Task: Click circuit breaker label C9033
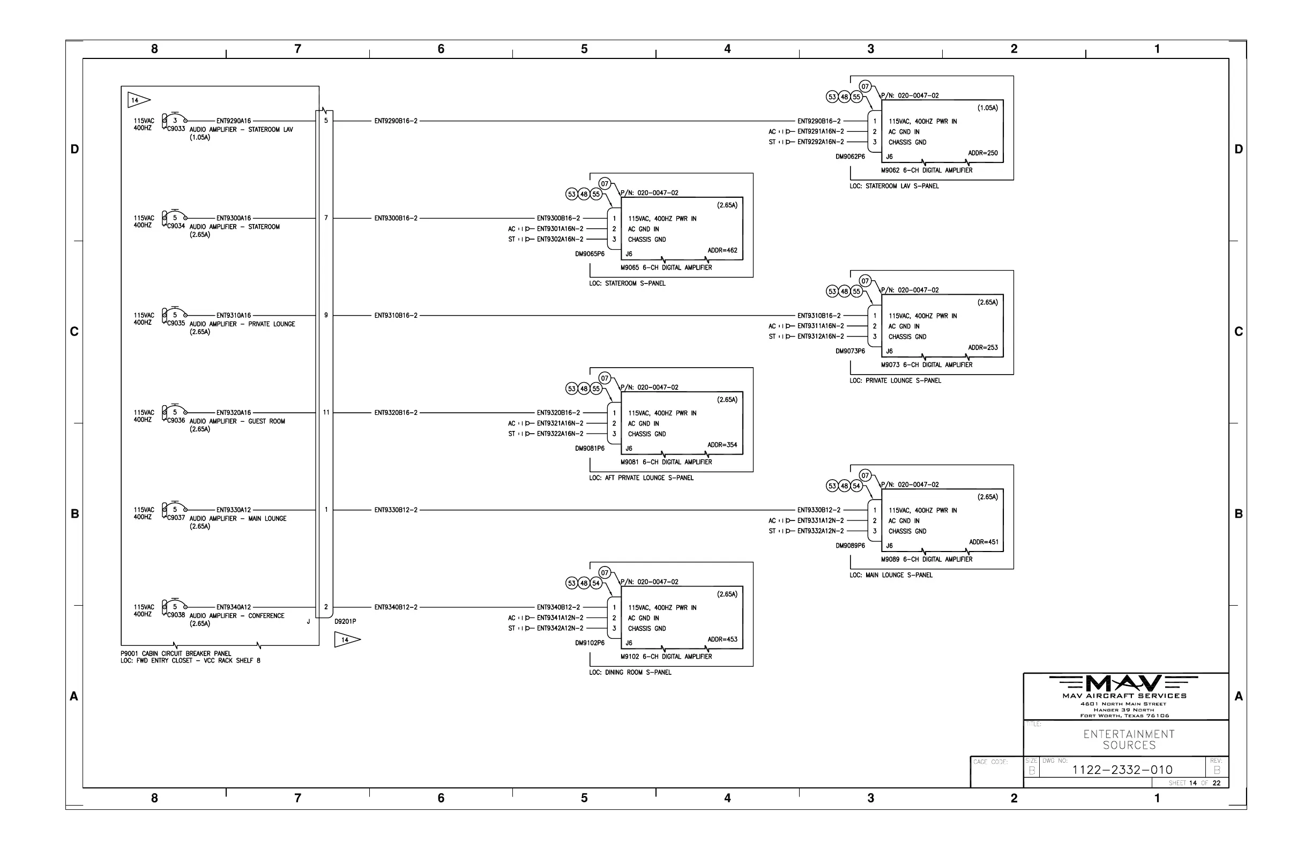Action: click(x=176, y=129)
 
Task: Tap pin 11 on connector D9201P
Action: click(x=326, y=412)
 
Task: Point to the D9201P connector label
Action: click(x=345, y=621)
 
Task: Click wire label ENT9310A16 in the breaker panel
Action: click(x=233, y=315)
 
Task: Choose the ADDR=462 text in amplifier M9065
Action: click(x=722, y=250)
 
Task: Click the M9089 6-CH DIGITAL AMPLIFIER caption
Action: click(x=926, y=559)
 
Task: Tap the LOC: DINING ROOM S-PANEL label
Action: click(x=630, y=673)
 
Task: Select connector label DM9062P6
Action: click(x=850, y=157)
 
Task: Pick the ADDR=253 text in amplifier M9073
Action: click(x=983, y=348)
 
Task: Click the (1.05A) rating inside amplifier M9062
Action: click(x=987, y=108)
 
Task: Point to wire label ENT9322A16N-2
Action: click(x=560, y=434)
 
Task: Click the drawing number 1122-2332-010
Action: click(x=1122, y=770)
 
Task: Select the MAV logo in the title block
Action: click(x=1124, y=683)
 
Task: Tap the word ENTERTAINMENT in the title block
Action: click(x=1129, y=734)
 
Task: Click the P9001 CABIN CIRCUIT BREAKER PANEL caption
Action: click(x=176, y=653)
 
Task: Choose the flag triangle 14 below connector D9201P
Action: click(x=346, y=639)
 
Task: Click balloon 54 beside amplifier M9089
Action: click(x=856, y=486)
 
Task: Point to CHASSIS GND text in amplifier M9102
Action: click(x=647, y=629)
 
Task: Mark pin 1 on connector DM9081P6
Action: click(x=614, y=413)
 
